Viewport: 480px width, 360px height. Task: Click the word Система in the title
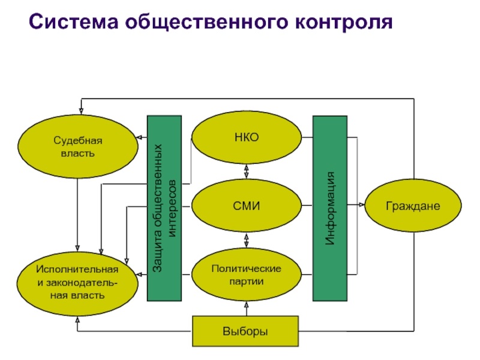tap(73, 22)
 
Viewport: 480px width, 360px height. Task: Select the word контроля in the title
tap(344, 22)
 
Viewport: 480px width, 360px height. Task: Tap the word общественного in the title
tap(206, 23)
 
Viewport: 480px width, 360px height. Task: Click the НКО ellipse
tap(247, 137)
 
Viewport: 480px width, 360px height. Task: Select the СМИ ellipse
tap(247, 205)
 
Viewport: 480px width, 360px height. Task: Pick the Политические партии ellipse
tap(247, 275)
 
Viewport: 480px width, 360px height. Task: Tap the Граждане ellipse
tap(413, 205)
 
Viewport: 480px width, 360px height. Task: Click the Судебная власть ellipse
tap(78, 146)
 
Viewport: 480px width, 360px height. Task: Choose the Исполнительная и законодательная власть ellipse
tap(77, 284)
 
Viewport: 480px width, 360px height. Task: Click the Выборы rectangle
tap(245, 331)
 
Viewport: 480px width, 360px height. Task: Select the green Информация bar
tap(330, 208)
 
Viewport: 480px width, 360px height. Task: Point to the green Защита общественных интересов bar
tap(164, 208)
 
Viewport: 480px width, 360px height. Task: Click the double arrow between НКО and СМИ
tap(247, 172)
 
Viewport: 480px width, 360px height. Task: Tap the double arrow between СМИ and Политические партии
tap(247, 241)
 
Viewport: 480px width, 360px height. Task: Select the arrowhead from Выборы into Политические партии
tap(247, 304)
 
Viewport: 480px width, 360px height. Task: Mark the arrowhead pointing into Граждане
tap(362, 205)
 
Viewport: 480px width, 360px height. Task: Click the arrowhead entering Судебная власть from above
tap(81, 111)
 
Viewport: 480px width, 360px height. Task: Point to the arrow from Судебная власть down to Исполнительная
tap(77, 215)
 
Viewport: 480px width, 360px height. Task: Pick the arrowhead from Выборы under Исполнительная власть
tap(77, 320)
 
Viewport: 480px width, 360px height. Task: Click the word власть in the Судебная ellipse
tap(78, 153)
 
